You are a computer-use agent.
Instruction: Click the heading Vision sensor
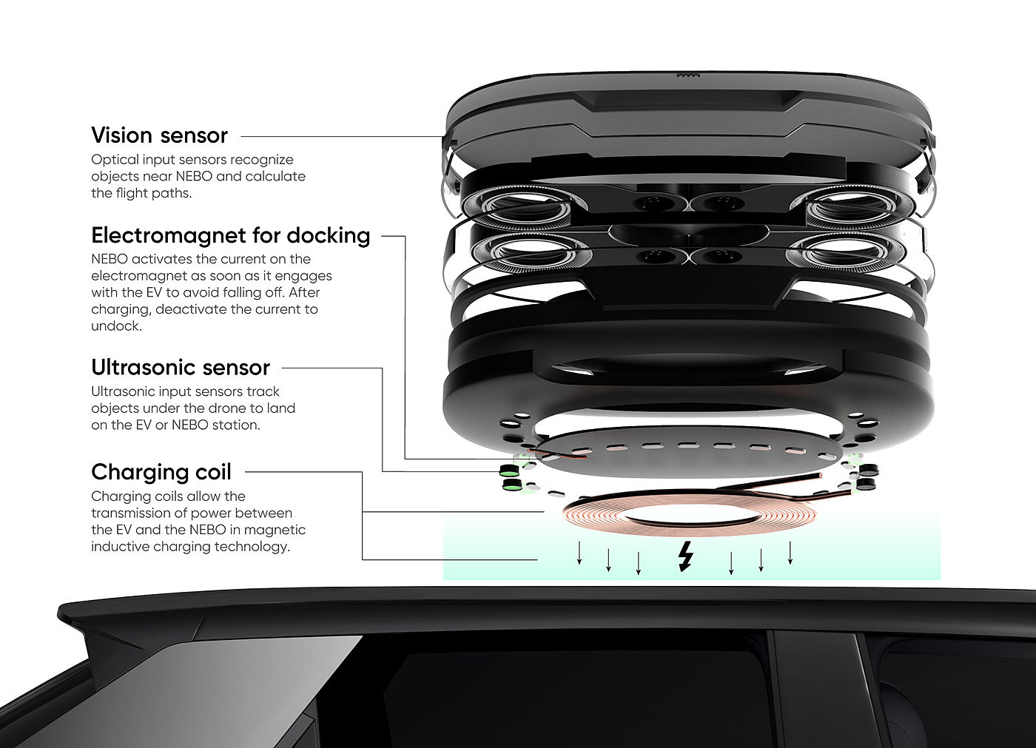coord(159,135)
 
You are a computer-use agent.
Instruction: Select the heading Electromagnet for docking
coord(230,235)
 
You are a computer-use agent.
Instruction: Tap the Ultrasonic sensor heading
coord(181,368)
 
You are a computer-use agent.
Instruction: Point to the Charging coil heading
coord(161,472)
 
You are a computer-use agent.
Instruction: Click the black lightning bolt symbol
coord(686,556)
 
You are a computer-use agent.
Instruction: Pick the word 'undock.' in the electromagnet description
coord(116,326)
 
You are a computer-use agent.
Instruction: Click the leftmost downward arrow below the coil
coord(579,554)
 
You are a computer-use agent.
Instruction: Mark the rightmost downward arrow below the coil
coord(790,553)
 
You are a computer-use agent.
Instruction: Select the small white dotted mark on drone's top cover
coord(688,75)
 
